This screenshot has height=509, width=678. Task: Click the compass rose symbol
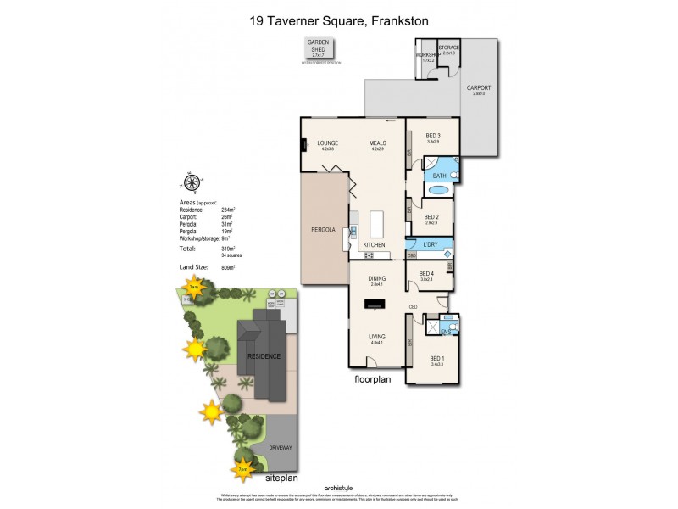pos(192,182)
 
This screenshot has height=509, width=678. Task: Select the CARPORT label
pos(479,88)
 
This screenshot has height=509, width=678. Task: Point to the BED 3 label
pos(433,137)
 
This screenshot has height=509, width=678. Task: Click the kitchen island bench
pos(376,225)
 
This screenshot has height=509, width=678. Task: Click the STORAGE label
pos(448,48)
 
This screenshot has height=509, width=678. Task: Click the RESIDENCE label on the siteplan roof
pos(264,356)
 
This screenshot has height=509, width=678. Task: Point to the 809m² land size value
pos(227,267)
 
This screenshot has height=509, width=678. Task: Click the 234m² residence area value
pos(228,209)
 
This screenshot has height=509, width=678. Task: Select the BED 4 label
pos(425,274)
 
